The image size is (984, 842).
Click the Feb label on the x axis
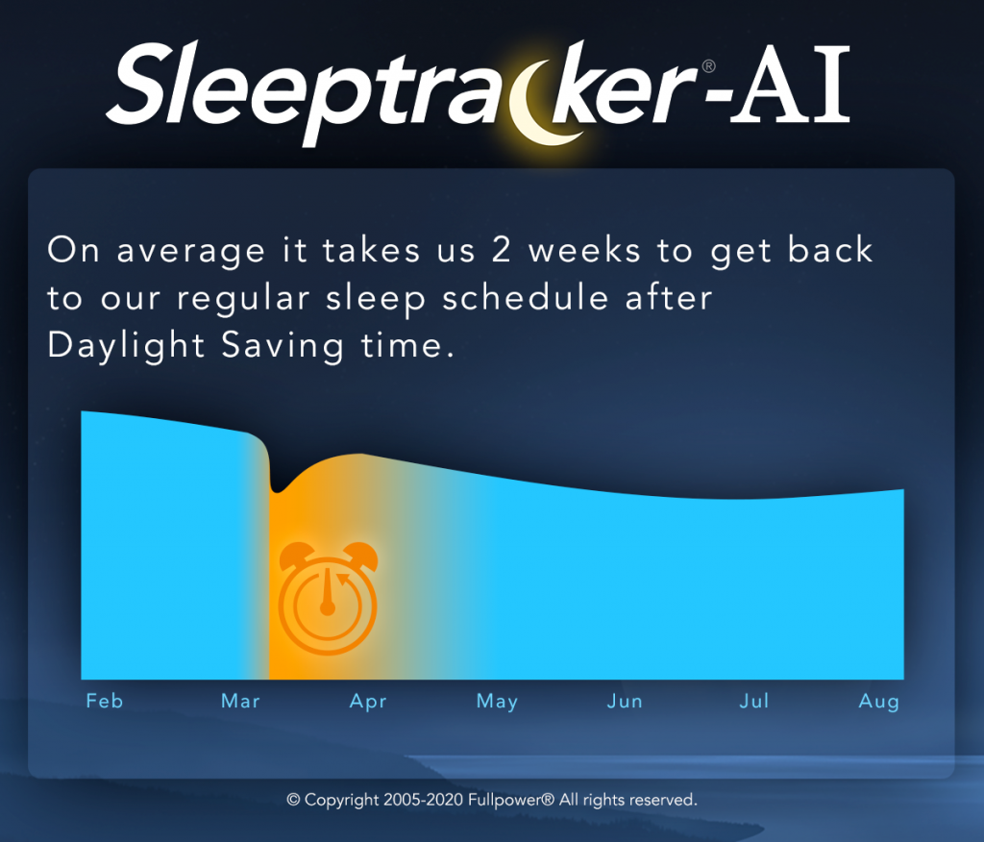tap(104, 701)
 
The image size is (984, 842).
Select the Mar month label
tap(240, 701)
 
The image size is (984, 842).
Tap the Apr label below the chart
tap(368, 702)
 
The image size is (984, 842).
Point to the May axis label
tap(497, 702)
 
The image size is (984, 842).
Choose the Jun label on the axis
tap(625, 701)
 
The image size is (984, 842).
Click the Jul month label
tap(753, 701)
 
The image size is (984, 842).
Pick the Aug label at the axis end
tap(878, 702)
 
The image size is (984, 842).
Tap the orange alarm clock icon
tap(328, 598)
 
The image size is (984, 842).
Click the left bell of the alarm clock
tap(295, 555)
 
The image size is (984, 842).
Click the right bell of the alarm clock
tap(360, 555)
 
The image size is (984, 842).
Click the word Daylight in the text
tap(126, 346)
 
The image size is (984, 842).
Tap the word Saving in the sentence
tap(283, 346)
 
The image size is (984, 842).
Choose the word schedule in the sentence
tap(526, 298)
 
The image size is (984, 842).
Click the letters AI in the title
tap(791, 85)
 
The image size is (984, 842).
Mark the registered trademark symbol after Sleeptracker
tap(708, 66)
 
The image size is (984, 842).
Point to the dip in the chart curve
tap(276, 488)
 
